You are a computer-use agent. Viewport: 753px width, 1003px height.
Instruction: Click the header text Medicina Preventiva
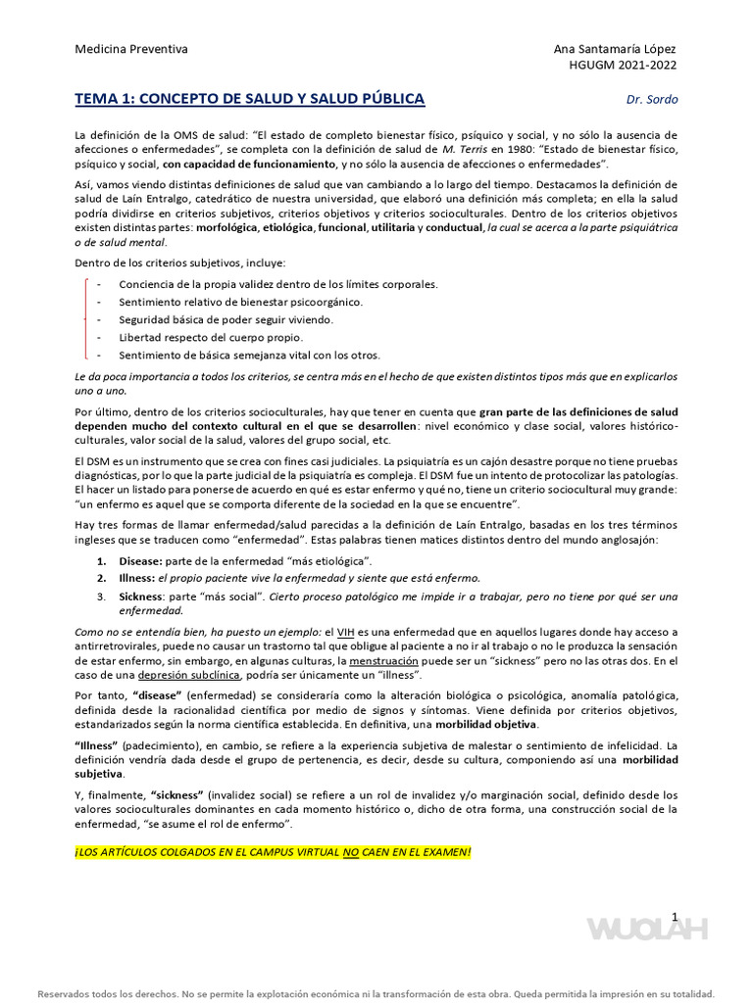pos(131,49)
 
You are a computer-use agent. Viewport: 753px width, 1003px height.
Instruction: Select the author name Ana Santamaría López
pos(615,49)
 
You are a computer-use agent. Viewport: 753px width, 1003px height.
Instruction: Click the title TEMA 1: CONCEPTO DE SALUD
pos(250,99)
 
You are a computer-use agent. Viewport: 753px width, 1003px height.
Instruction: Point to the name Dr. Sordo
pos(652,100)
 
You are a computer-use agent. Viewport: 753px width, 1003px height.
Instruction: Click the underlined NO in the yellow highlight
pos(350,853)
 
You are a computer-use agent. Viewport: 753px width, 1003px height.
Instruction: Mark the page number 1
pos(675,916)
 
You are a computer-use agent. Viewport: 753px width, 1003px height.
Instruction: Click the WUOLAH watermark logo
pos(646,929)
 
